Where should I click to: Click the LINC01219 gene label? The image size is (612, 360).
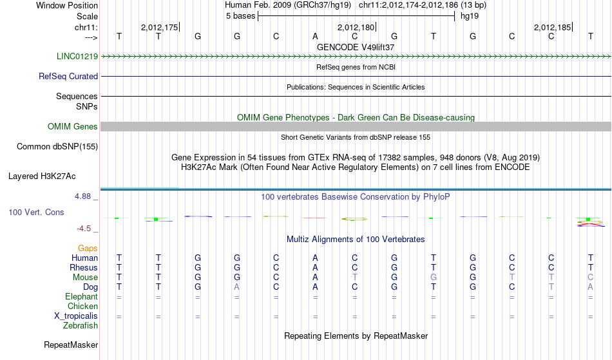(x=77, y=56)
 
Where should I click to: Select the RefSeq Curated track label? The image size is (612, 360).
(x=68, y=76)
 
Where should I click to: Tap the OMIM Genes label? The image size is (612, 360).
(x=73, y=126)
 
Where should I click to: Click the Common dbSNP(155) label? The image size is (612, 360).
(x=57, y=147)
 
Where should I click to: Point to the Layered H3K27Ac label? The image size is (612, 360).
(x=42, y=176)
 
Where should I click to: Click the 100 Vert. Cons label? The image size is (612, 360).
(x=36, y=212)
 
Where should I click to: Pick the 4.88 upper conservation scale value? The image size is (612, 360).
(x=82, y=196)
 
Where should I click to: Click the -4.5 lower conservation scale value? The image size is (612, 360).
(x=84, y=229)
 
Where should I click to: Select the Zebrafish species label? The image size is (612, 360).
(x=81, y=325)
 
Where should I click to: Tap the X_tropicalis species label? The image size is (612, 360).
(x=76, y=316)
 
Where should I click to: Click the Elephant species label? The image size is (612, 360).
(x=81, y=296)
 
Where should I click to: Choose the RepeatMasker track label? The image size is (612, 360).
(x=71, y=345)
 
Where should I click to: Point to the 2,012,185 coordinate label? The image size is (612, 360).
(x=552, y=27)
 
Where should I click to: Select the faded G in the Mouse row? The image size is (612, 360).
(x=434, y=278)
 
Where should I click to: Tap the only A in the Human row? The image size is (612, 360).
(x=315, y=258)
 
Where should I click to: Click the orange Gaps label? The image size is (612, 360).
(x=88, y=249)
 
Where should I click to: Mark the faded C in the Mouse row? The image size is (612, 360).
(x=590, y=278)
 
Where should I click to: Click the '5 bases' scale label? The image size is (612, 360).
(x=240, y=16)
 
